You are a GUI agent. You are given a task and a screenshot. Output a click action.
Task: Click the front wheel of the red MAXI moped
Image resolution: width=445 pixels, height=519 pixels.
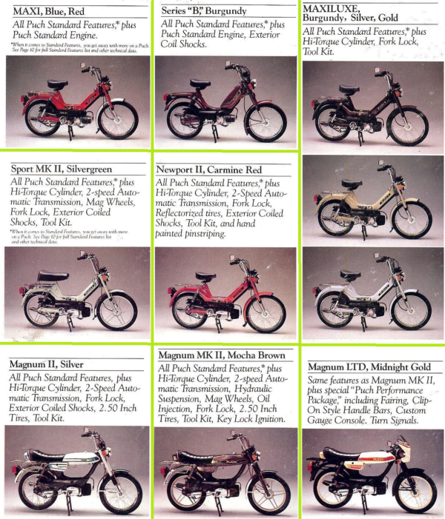coord(118,119)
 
